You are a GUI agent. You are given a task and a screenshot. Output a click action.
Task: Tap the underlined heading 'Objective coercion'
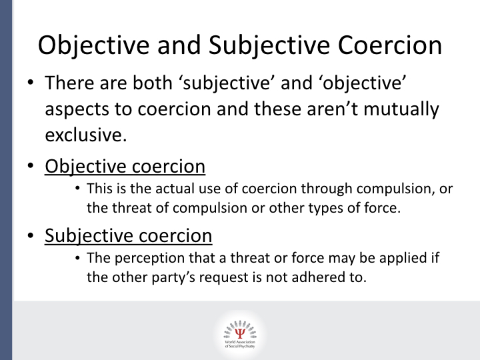coord(125,165)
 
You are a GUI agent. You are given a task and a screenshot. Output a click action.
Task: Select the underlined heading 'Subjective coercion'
coord(128,235)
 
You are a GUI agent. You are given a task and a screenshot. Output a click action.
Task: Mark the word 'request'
coord(238,277)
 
